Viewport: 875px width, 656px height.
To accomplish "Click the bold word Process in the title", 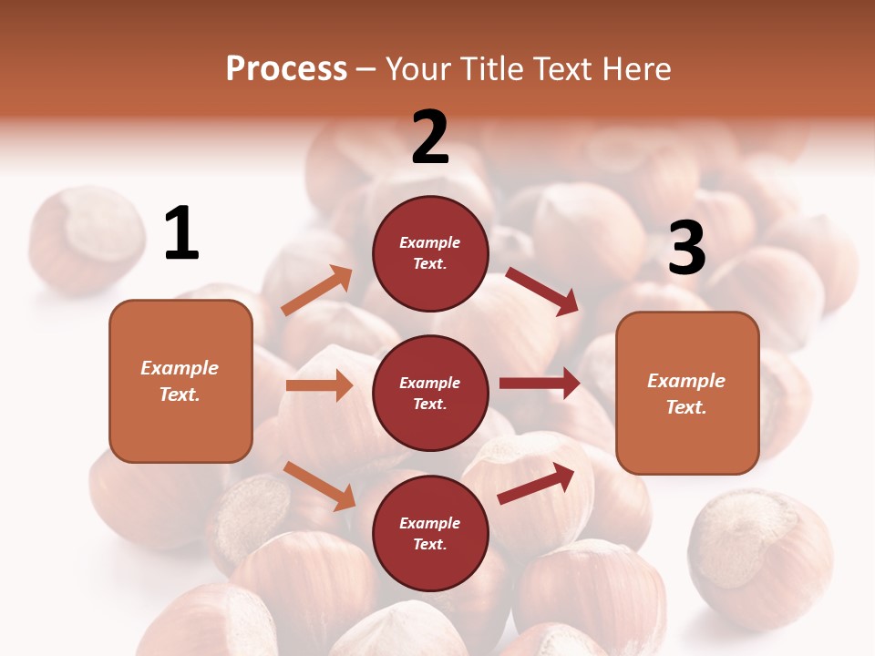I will point(286,68).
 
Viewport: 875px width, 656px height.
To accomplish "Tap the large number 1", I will point(181,234).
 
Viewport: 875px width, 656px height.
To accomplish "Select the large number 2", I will point(430,138).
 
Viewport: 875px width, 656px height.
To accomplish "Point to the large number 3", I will point(686,248).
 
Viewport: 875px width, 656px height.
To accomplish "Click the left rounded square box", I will point(180,381).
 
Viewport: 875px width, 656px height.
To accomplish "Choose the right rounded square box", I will point(687,394).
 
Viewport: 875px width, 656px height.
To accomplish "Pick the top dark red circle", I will point(430,253).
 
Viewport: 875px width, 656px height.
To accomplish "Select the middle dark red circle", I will point(430,393).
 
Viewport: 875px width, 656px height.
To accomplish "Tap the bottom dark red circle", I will point(430,533).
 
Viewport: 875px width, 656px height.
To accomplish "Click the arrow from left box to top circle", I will point(317,291).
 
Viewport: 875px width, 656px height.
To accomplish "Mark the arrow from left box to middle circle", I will point(319,385).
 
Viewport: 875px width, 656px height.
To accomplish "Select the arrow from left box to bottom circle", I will point(319,486).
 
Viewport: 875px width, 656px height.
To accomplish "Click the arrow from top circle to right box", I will point(542,292).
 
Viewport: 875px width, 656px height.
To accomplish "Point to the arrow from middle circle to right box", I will point(540,384).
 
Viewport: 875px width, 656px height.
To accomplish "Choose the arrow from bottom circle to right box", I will point(536,484).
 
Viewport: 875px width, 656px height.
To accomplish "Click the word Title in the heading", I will point(491,68).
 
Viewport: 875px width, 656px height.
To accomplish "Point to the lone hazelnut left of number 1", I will point(87,239).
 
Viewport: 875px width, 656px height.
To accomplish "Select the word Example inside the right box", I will point(686,381).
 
